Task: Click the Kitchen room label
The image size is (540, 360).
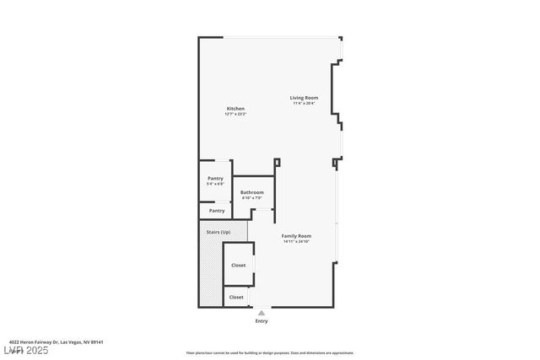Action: pyautogui.click(x=235, y=109)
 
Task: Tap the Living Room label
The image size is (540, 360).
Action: pyautogui.click(x=304, y=98)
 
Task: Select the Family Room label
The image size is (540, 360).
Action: pyautogui.click(x=296, y=236)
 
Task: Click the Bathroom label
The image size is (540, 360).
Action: pyautogui.click(x=252, y=192)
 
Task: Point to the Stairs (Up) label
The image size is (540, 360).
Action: pyautogui.click(x=218, y=232)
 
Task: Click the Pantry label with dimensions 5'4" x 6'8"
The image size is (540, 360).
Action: pyautogui.click(x=215, y=178)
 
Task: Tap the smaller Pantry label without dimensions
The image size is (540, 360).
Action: pyautogui.click(x=217, y=211)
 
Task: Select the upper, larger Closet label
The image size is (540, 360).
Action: pyautogui.click(x=238, y=265)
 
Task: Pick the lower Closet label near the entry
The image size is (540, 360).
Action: pyautogui.click(x=236, y=297)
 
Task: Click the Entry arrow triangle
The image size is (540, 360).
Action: pyautogui.click(x=262, y=313)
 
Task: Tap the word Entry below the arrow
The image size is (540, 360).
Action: pyautogui.click(x=262, y=321)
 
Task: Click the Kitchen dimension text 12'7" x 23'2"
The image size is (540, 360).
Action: pyautogui.click(x=235, y=115)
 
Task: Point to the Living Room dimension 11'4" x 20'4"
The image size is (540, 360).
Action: pyautogui.click(x=304, y=104)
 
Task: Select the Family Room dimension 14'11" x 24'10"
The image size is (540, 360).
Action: pyautogui.click(x=296, y=242)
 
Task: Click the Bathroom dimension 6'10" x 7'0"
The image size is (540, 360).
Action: pyautogui.click(x=252, y=198)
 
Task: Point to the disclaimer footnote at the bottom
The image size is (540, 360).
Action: pyautogui.click(x=269, y=353)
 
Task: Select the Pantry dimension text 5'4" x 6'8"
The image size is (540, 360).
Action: pyautogui.click(x=215, y=184)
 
